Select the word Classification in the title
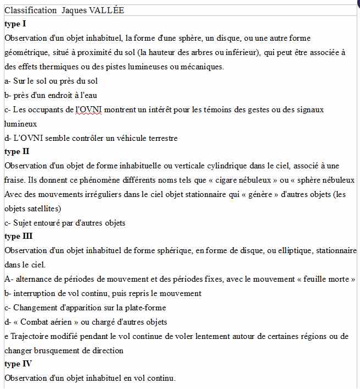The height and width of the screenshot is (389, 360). point(30,10)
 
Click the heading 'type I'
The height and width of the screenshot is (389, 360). point(15,24)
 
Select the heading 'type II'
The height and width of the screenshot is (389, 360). point(17,151)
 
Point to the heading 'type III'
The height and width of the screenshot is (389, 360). point(19,237)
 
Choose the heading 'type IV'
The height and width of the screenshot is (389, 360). point(18,364)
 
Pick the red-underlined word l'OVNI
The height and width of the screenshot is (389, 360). point(87,109)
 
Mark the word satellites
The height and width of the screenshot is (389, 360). point(46,209)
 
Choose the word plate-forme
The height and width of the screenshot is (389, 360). point(145,308)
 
